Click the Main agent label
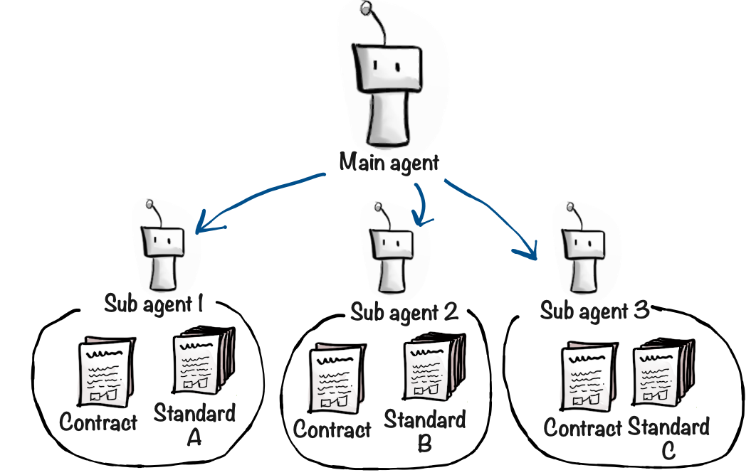(389, 163)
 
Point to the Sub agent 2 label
(404, 311)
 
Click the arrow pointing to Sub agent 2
(423, 202)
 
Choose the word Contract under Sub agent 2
(332, 429)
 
